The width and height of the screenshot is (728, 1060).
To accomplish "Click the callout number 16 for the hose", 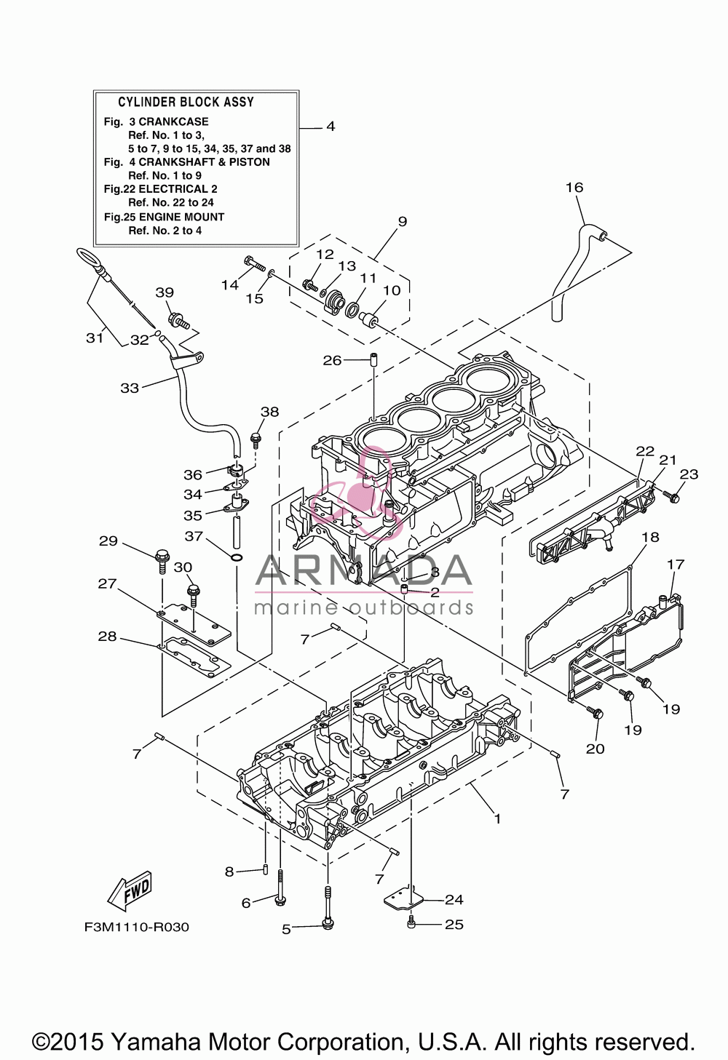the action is click(574, 188).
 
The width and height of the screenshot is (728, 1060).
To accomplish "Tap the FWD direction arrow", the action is click(128, 890).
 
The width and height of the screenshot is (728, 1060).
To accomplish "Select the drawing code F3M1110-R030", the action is click(137, 927).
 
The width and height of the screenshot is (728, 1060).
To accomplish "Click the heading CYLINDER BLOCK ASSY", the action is click(186, 102).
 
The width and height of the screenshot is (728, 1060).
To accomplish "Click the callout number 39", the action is click(165, 292).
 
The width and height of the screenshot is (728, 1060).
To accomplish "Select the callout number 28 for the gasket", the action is click(107, 637).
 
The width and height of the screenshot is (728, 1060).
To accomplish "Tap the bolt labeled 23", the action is click(672, 496).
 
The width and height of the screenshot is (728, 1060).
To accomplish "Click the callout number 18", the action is click(651, 537).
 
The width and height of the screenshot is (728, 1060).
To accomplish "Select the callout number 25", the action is click(454, 924).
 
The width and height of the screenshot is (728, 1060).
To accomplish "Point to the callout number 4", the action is click(331, 127).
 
